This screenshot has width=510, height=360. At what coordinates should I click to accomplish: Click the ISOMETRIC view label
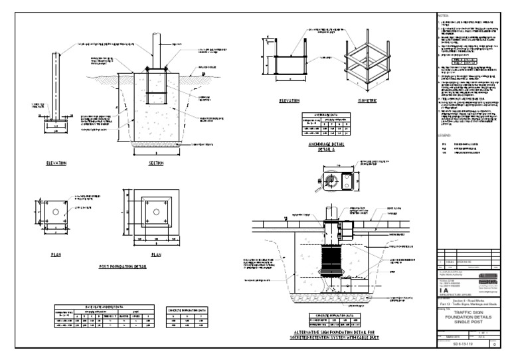364,101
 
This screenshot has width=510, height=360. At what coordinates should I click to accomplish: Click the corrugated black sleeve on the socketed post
331,253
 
